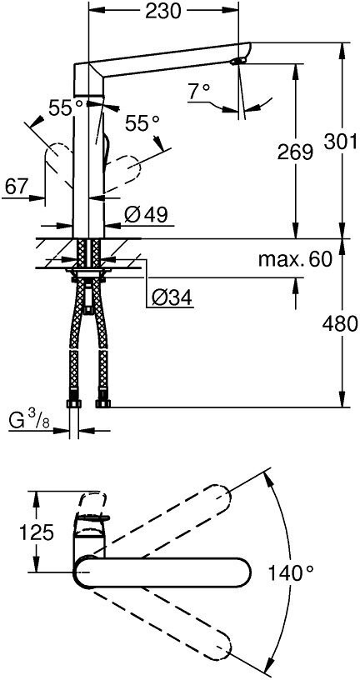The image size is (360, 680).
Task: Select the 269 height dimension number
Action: pyautogui.click(x=295, y=152)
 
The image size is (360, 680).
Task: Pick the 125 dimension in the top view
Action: pyautogui.click(x=18, y=532)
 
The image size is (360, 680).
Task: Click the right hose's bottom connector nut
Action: pyautogui.click(x=103, y=404)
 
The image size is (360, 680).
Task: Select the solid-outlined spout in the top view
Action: pyautogui.click(x=158, y=573)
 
